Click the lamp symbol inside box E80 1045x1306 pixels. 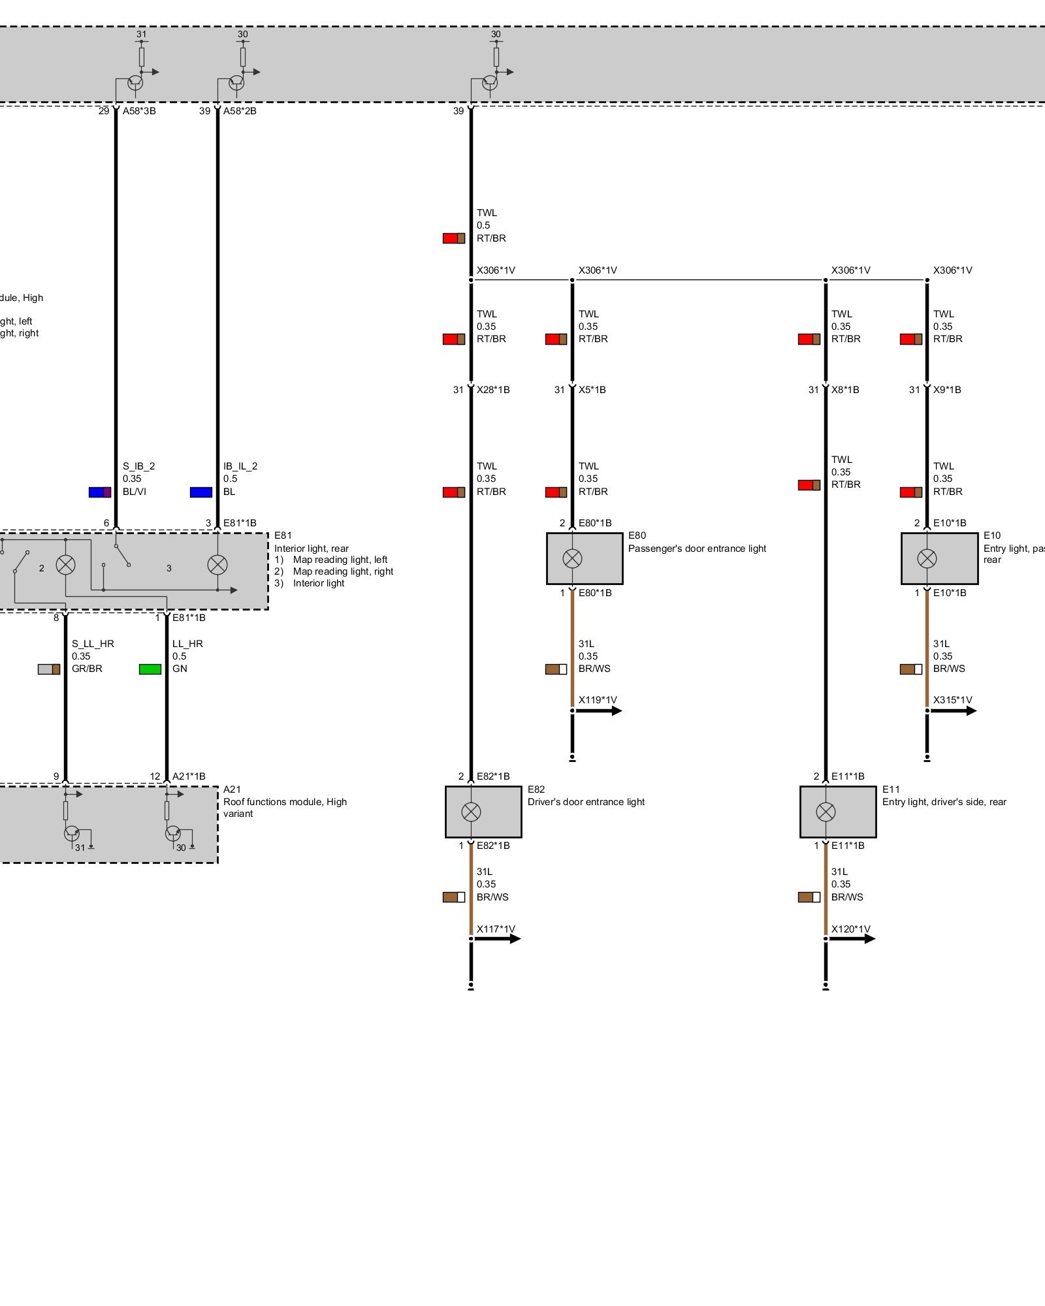pyautogui.click(x=572, y=558)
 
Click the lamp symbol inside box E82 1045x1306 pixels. pyautogui.click(x=471, y=812)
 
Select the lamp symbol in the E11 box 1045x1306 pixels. pyautogui.click(x=826, y=812)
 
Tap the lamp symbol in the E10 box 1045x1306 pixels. pyautogui.click(x=927, y=558)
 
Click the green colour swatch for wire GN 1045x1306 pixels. pyautogui.click(x=150, y=669)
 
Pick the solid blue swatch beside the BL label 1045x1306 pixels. pyautogui.click(x=201, y=492)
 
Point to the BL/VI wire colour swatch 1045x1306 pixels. pyautogui.click(x=100, y=492)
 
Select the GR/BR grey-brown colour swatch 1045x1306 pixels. pyautogui.click(x=49, y=669)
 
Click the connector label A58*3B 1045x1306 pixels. pyautogui.click(x=139, y=111)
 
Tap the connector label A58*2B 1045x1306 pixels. pyautogui.click(x=240, y=111)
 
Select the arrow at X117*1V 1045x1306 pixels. pyautogui.click(x=497, y=939)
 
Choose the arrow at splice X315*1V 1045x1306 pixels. pyautogui.click(x=953, y=710)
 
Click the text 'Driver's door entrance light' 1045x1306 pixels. pyautogui.click(x=586, y=802)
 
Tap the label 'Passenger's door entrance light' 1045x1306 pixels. pyautogui.click(x=697, y=549)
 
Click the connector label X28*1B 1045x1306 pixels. pyautogui.click(x=493, y=390)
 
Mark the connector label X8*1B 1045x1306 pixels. pyautogui.click(x=845, y=390)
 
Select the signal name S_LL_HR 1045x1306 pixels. pyautogui.click(x=93, y=644)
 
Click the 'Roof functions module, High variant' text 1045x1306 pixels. pyautogui.click(x=285, y=808)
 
